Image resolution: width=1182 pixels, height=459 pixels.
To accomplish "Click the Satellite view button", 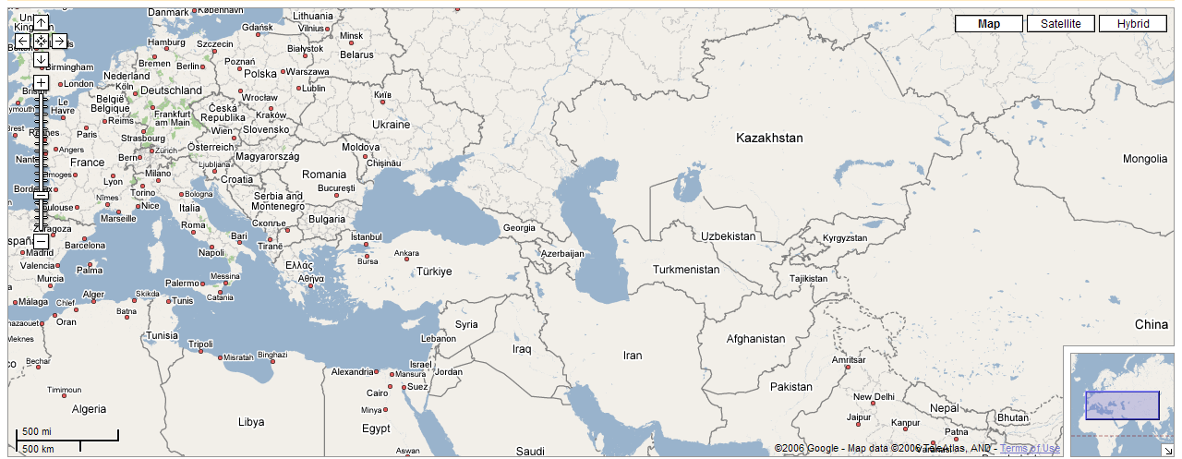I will coord(1060,24).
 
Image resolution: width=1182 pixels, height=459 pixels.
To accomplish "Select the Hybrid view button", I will coord(1132,24).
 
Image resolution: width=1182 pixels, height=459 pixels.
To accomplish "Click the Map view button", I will coord(989,24).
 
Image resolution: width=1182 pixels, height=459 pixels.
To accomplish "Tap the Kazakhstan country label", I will coord(769,138).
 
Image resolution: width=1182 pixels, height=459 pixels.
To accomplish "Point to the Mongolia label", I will coord(1145,159).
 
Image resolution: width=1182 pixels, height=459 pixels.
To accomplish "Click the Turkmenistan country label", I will coord(685,270).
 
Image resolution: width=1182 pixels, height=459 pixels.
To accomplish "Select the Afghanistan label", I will coord(755,339).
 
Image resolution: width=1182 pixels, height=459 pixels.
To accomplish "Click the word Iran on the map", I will coord(633,356).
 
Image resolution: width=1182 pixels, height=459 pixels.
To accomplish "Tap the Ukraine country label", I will coord(391,125).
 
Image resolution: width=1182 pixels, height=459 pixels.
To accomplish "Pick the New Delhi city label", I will coord(874,397).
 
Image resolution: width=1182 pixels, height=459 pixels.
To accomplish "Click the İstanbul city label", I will coord(366,237).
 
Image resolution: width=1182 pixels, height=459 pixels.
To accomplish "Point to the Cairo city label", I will coord(377,393).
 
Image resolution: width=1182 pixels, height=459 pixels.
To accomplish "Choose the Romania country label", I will coord(324,175).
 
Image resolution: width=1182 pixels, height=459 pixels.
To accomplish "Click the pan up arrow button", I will coord(42,23).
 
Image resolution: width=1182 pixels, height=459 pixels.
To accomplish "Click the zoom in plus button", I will coord(42,82).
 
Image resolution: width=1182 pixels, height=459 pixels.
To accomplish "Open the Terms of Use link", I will coord(1031,449).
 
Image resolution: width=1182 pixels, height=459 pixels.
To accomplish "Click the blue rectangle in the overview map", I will coord(1122,405).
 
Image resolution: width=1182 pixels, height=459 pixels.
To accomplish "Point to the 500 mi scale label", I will coord(37,431).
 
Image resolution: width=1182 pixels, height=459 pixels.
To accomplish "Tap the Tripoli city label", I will coord(200,344).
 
